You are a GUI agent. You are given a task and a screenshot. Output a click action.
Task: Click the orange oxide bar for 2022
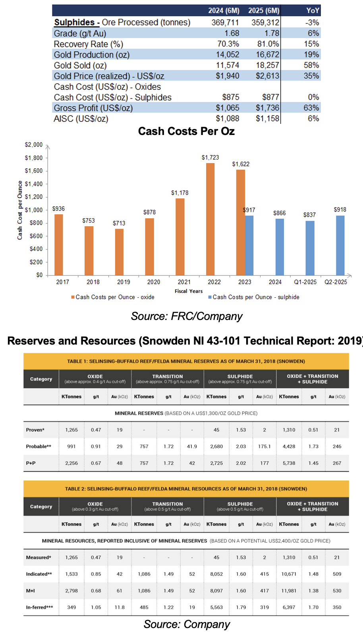pyautogui.click(x=210, y=219)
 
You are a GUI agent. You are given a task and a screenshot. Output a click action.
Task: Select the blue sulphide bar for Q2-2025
pyautogui.click(x=340, y=245)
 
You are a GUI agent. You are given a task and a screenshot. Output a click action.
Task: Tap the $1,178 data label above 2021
pyautogui.click(x=180, y=193)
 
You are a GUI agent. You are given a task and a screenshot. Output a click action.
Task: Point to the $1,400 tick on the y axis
pyautogui.click(x=34, y=184)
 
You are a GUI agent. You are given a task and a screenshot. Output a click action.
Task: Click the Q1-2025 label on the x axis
pyautogui.click(x=305, y=282)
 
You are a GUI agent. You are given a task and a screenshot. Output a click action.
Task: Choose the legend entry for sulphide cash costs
pyautogui.click(x=254, y=297)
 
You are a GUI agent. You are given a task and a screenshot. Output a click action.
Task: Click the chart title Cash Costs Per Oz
pyautogui.click(x=186, y=131)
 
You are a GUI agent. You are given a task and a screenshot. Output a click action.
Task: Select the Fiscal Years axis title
pyautogui.click(x=189, y=291)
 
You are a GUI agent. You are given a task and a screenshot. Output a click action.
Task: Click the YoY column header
pyautogui.click(x=313, y=11)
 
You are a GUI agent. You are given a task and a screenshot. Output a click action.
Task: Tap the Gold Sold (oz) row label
pyautogui.click(x=80, y=66)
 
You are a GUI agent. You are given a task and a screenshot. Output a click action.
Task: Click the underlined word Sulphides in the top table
pyautogui.click(x=75, y=23)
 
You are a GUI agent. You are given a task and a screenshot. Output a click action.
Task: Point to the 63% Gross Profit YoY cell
pyautogui.click(x=311, y=108)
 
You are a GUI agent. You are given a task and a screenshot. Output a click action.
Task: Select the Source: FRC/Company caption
pyautogui.click(x=187, y=316)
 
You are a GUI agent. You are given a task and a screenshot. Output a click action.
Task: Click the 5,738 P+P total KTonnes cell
pyautogui.click(x=289, y=463)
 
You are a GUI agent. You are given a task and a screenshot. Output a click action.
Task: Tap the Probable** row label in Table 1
pyautogui.click(x=39, y=446)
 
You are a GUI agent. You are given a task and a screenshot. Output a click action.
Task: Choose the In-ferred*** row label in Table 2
pyautogui.click(x=39, y=607)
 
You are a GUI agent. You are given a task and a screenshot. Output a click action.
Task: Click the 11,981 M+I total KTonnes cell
pyautogui.click(x=289, y=591)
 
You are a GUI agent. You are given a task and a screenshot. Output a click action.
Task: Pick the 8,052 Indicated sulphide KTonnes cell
pyautogui.click(x=216, y=574)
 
